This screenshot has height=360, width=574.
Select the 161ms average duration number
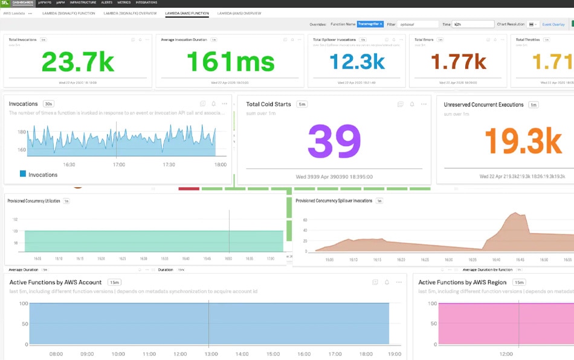tap(230, 62)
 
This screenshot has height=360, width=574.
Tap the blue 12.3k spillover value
tap(357, 62)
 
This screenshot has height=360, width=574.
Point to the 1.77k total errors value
tap(458, 62)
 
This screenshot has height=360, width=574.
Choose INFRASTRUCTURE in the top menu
tap(83, 2)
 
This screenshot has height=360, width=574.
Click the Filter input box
tap(418, 24)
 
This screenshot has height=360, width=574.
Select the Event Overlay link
tap(553, 24)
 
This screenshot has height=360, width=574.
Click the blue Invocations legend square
tap(23, 174)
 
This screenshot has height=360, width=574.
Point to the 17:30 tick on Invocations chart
tap(169, 164)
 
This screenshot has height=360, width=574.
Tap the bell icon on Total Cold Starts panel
tap(412, 104)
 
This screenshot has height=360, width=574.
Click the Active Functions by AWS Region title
tap(462, 282)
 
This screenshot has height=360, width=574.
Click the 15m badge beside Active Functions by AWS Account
tap(114, 282)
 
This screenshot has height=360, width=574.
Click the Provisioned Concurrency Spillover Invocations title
tap(334, 201)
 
